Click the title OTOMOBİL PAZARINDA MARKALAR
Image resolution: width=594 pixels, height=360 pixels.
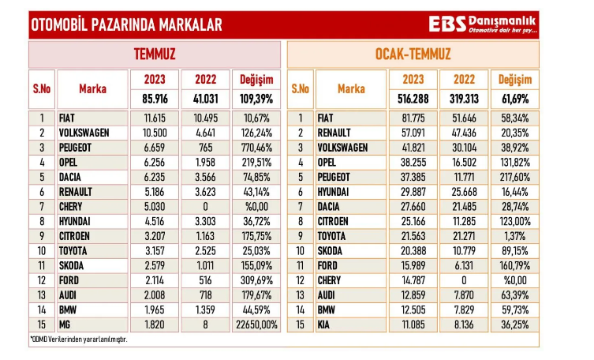[x=126, y=24]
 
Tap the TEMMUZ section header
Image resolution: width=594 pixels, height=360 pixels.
[x=155, y=54]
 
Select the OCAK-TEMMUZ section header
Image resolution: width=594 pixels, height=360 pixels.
[x=413, y=54]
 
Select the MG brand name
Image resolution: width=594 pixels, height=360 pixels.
[x=66, y=324]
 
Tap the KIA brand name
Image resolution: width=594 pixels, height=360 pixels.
[x=323, y=324]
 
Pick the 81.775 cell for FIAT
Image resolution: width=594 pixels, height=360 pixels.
[x=413, y=118]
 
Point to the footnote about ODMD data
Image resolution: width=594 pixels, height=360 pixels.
[x=78, y=339]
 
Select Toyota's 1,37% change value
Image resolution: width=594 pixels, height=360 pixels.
[x=513, y=236]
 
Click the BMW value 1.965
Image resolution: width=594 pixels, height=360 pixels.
[x=154, y=309]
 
